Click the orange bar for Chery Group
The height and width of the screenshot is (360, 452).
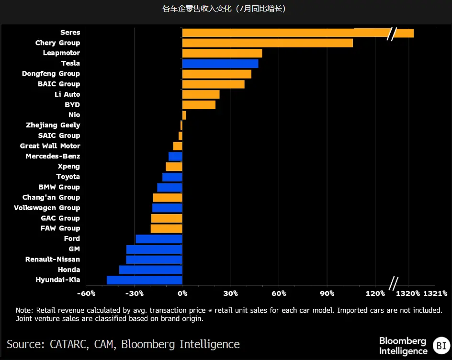[267, 43]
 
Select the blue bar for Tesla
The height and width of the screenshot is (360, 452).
[220, 64]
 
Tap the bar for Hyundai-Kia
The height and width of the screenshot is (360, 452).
[145, 280]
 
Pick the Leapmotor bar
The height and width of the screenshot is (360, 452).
[222, 53]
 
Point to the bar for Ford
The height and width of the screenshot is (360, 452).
[159, 239]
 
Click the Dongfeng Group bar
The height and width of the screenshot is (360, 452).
[217, 74]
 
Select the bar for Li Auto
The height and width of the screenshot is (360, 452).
[201, 95]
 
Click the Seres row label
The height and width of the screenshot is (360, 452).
[70, 33]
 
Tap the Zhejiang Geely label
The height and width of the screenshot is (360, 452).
[53, 125]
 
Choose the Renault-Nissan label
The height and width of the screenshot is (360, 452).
[53, 259]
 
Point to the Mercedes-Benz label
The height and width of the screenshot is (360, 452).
[53, 157]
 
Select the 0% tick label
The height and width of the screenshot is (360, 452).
[182, 293]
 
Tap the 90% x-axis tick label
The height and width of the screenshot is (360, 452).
[328, 293]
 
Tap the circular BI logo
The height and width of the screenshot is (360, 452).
[440, 345]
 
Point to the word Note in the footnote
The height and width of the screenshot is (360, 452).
[24, 310]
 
